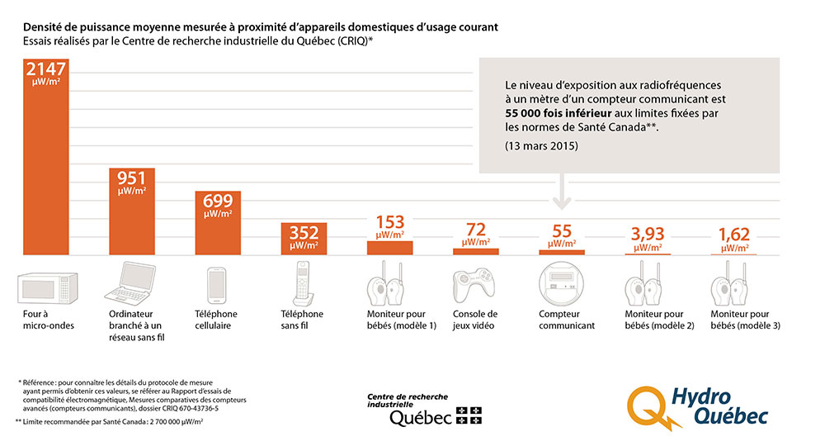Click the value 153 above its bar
pos(389,222)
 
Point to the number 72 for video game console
pos(475,229)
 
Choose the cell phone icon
pos(218,283)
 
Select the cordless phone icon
pos(304,282)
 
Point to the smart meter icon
pos(561,283)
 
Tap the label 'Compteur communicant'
pos(566,320)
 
